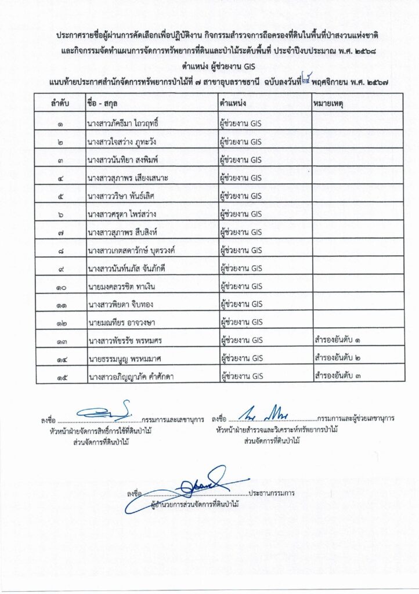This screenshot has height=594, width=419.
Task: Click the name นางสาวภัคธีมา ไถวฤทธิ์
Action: (123, 124)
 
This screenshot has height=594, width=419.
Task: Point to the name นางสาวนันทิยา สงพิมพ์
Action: (120, 160)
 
